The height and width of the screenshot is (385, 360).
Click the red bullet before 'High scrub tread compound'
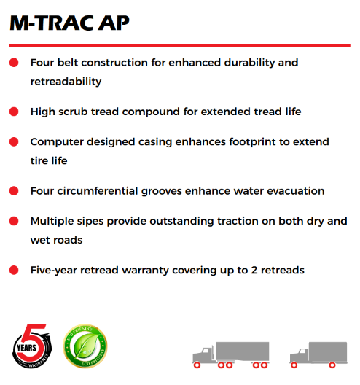14,112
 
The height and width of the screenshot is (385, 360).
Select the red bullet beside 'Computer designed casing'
14,142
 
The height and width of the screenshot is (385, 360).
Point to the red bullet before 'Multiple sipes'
14,221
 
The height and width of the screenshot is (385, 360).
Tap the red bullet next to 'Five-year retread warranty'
14,271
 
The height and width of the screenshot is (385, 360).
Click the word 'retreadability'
66,82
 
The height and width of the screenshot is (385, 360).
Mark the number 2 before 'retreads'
249,270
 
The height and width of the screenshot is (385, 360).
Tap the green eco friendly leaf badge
85,347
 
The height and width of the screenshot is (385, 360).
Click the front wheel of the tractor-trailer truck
199,363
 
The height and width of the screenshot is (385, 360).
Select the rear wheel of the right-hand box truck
338,363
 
